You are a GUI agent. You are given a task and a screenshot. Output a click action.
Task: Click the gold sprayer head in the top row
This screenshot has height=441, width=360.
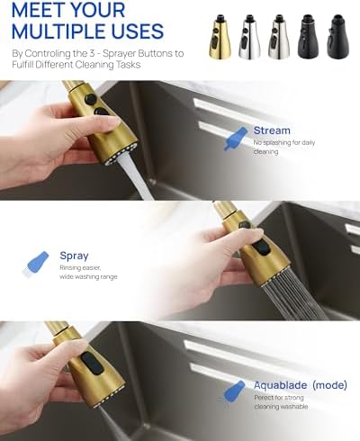(220, 37)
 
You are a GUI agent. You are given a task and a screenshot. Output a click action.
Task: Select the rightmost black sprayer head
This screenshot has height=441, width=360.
(338, 36)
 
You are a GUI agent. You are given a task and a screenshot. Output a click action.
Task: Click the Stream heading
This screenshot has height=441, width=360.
(272, 130)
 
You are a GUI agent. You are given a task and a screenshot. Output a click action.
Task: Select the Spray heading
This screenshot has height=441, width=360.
(74, 256)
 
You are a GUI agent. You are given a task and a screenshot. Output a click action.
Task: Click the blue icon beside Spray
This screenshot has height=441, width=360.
(36, 264)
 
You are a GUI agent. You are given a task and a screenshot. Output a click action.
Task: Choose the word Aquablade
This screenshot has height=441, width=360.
(280, 385)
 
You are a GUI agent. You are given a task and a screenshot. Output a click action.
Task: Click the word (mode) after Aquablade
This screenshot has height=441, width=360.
(329, 384)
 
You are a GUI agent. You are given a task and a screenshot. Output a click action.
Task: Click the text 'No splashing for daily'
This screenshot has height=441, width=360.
(284, 143)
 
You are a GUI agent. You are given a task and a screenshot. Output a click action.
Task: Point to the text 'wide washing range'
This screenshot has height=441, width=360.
(88, 276)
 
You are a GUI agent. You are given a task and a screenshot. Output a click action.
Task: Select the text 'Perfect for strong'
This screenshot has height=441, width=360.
(279, 398)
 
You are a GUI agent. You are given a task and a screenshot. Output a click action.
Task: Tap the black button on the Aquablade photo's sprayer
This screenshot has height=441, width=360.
(91, 364)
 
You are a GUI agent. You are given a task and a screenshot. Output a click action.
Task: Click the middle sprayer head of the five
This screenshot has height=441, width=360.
(279, 37)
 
